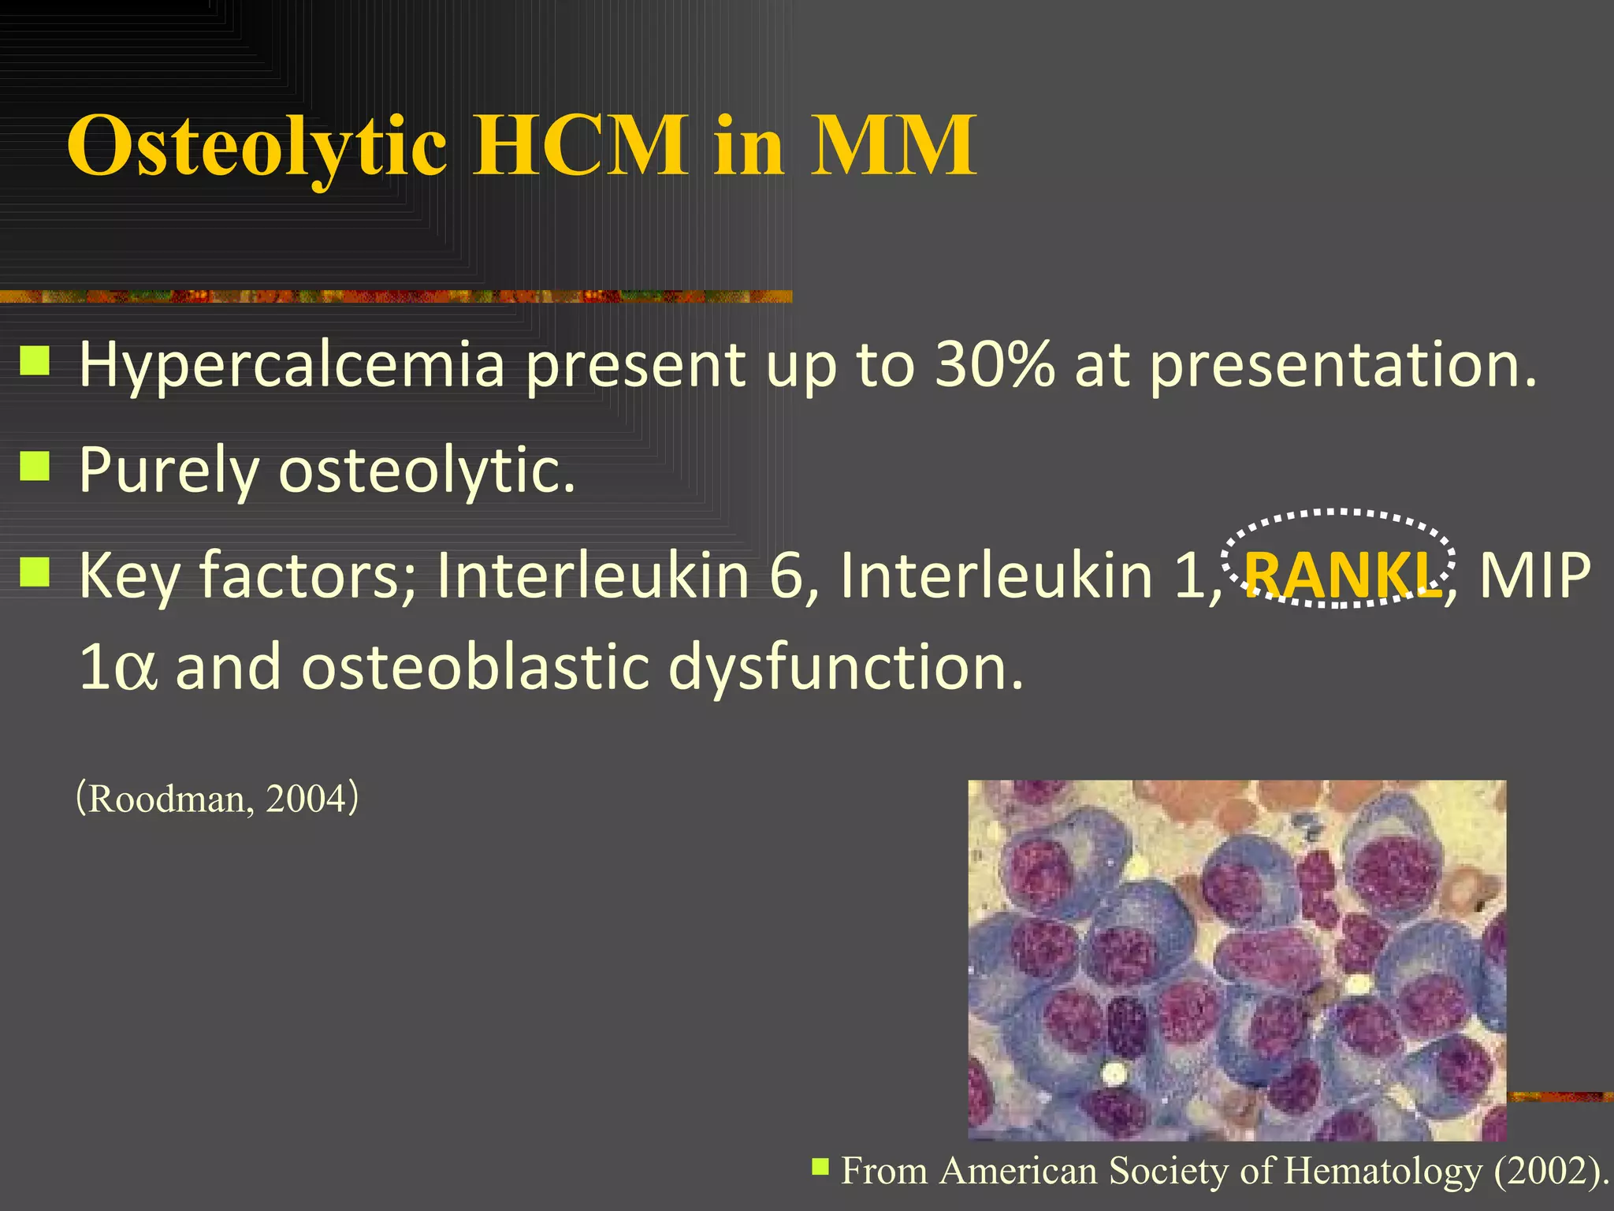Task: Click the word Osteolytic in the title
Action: [257, 147]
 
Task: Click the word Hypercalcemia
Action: [291, 366]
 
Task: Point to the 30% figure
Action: [994, 364]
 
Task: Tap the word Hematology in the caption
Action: [1383, 1171]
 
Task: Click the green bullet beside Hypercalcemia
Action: [35, 361]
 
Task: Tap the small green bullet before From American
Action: [820, 1165]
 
